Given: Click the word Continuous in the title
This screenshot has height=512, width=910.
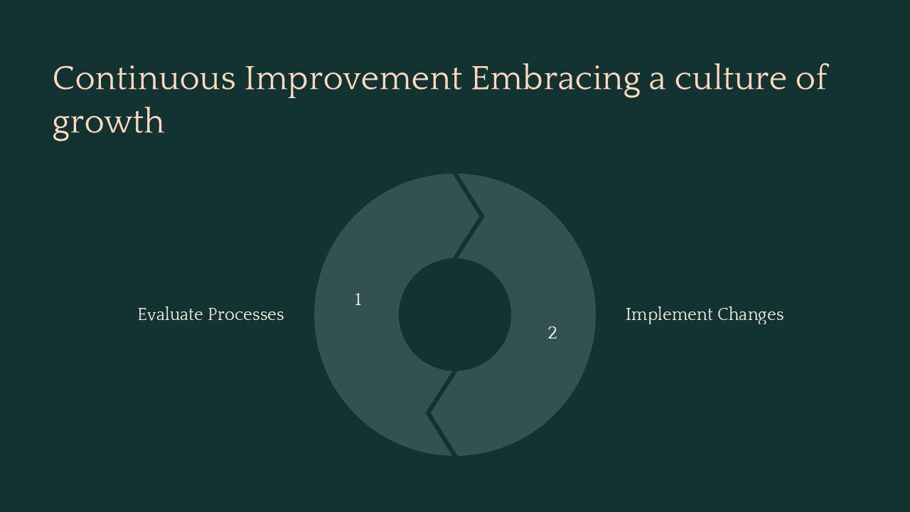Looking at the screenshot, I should click(x=144, y=78).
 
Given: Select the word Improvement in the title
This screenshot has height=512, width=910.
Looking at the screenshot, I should click(x=353, y=78).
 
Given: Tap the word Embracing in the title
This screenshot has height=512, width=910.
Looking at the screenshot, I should click(x=555, y=78).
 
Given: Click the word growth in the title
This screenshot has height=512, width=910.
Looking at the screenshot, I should click(x=108, y=122).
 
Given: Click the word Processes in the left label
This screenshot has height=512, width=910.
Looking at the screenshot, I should click(x=242, y=314).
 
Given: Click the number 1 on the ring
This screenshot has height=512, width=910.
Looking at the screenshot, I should click(x=358, y=300).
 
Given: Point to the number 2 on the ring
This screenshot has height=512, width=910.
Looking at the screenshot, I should click(x=552, y=333).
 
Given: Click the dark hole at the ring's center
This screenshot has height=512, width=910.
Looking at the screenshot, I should click(x=455, y=314).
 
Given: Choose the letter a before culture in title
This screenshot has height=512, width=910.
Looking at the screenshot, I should click(x=656, y=80).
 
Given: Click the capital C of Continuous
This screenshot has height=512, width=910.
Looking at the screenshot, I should click(x=64, y=78).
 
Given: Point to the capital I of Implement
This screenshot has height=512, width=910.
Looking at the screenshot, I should click(x=628, y=314).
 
